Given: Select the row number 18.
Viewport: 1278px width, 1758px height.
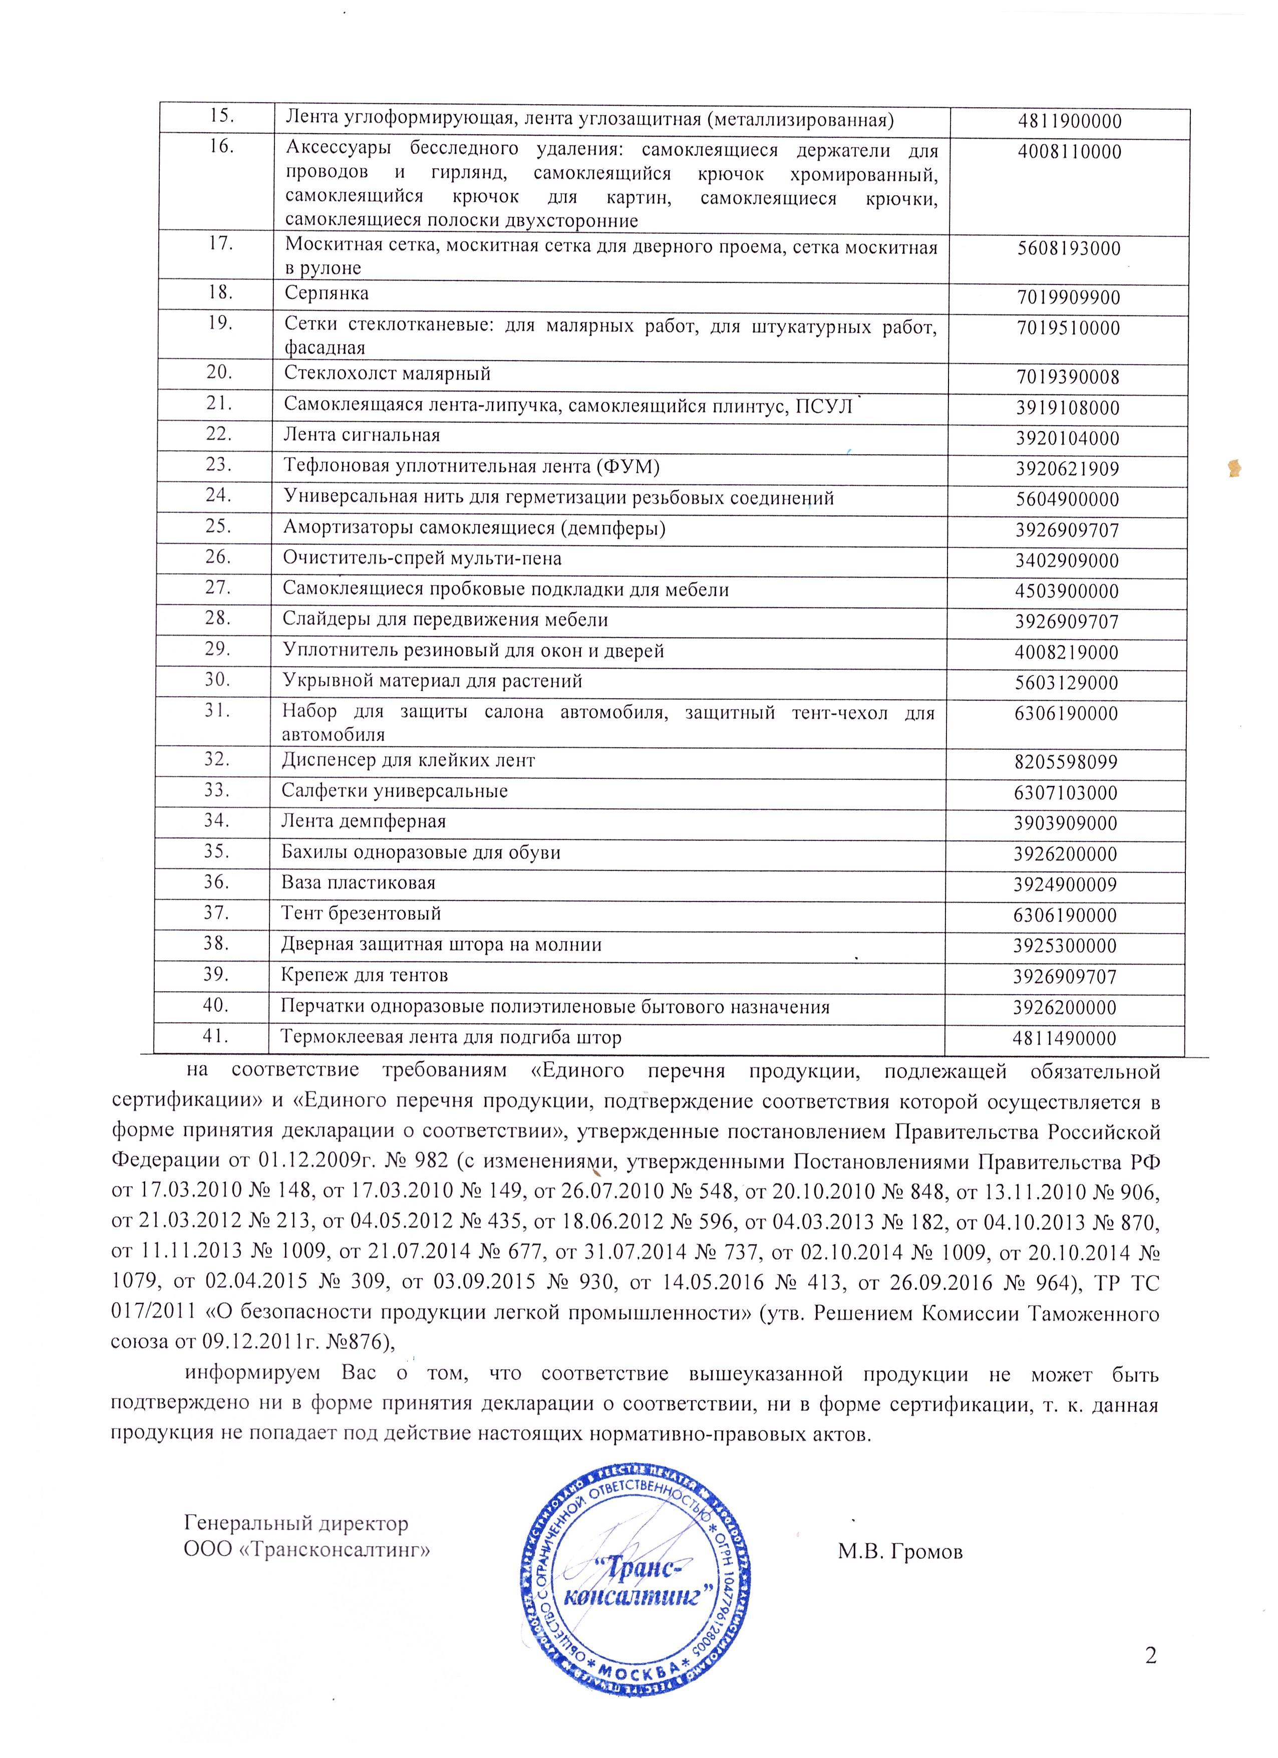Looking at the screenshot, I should [220, 293].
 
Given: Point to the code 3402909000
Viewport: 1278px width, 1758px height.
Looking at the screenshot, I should [1067, 561].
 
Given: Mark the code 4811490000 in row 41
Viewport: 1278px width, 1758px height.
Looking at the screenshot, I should [1065, 1039].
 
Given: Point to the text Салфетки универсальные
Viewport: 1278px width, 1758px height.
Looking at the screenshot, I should [395, 791].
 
